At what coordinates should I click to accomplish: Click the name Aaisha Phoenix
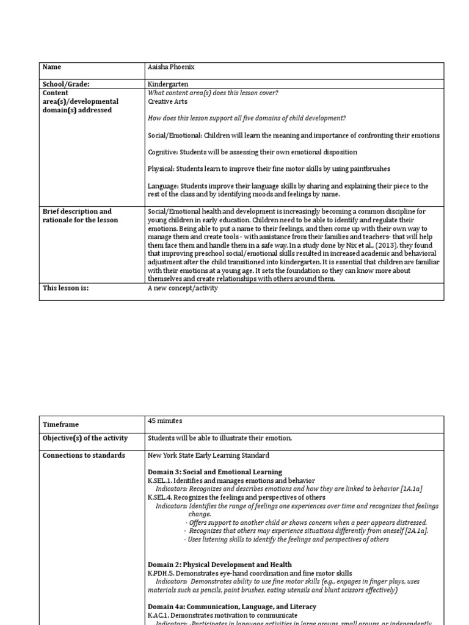[172, 67]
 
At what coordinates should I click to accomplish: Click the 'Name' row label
[52, 67]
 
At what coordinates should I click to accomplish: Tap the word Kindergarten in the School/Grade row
[168, 84]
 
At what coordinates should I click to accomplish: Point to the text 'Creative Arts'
[167, 101]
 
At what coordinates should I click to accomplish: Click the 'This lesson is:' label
[65, 288]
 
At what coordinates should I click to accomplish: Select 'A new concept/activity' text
[183, 288]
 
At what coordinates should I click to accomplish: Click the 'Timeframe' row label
[60, 424]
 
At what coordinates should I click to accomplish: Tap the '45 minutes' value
[165, 421]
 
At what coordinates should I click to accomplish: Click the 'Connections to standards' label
[84, 455]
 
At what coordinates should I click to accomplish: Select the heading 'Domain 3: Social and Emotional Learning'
[214, 472]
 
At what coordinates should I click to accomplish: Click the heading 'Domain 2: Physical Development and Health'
[219, 565]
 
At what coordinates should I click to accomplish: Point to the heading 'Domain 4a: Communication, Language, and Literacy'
[231, 607]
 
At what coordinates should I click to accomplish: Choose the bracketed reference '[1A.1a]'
[412, 489]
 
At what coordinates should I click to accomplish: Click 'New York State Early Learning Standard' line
[208, 455]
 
